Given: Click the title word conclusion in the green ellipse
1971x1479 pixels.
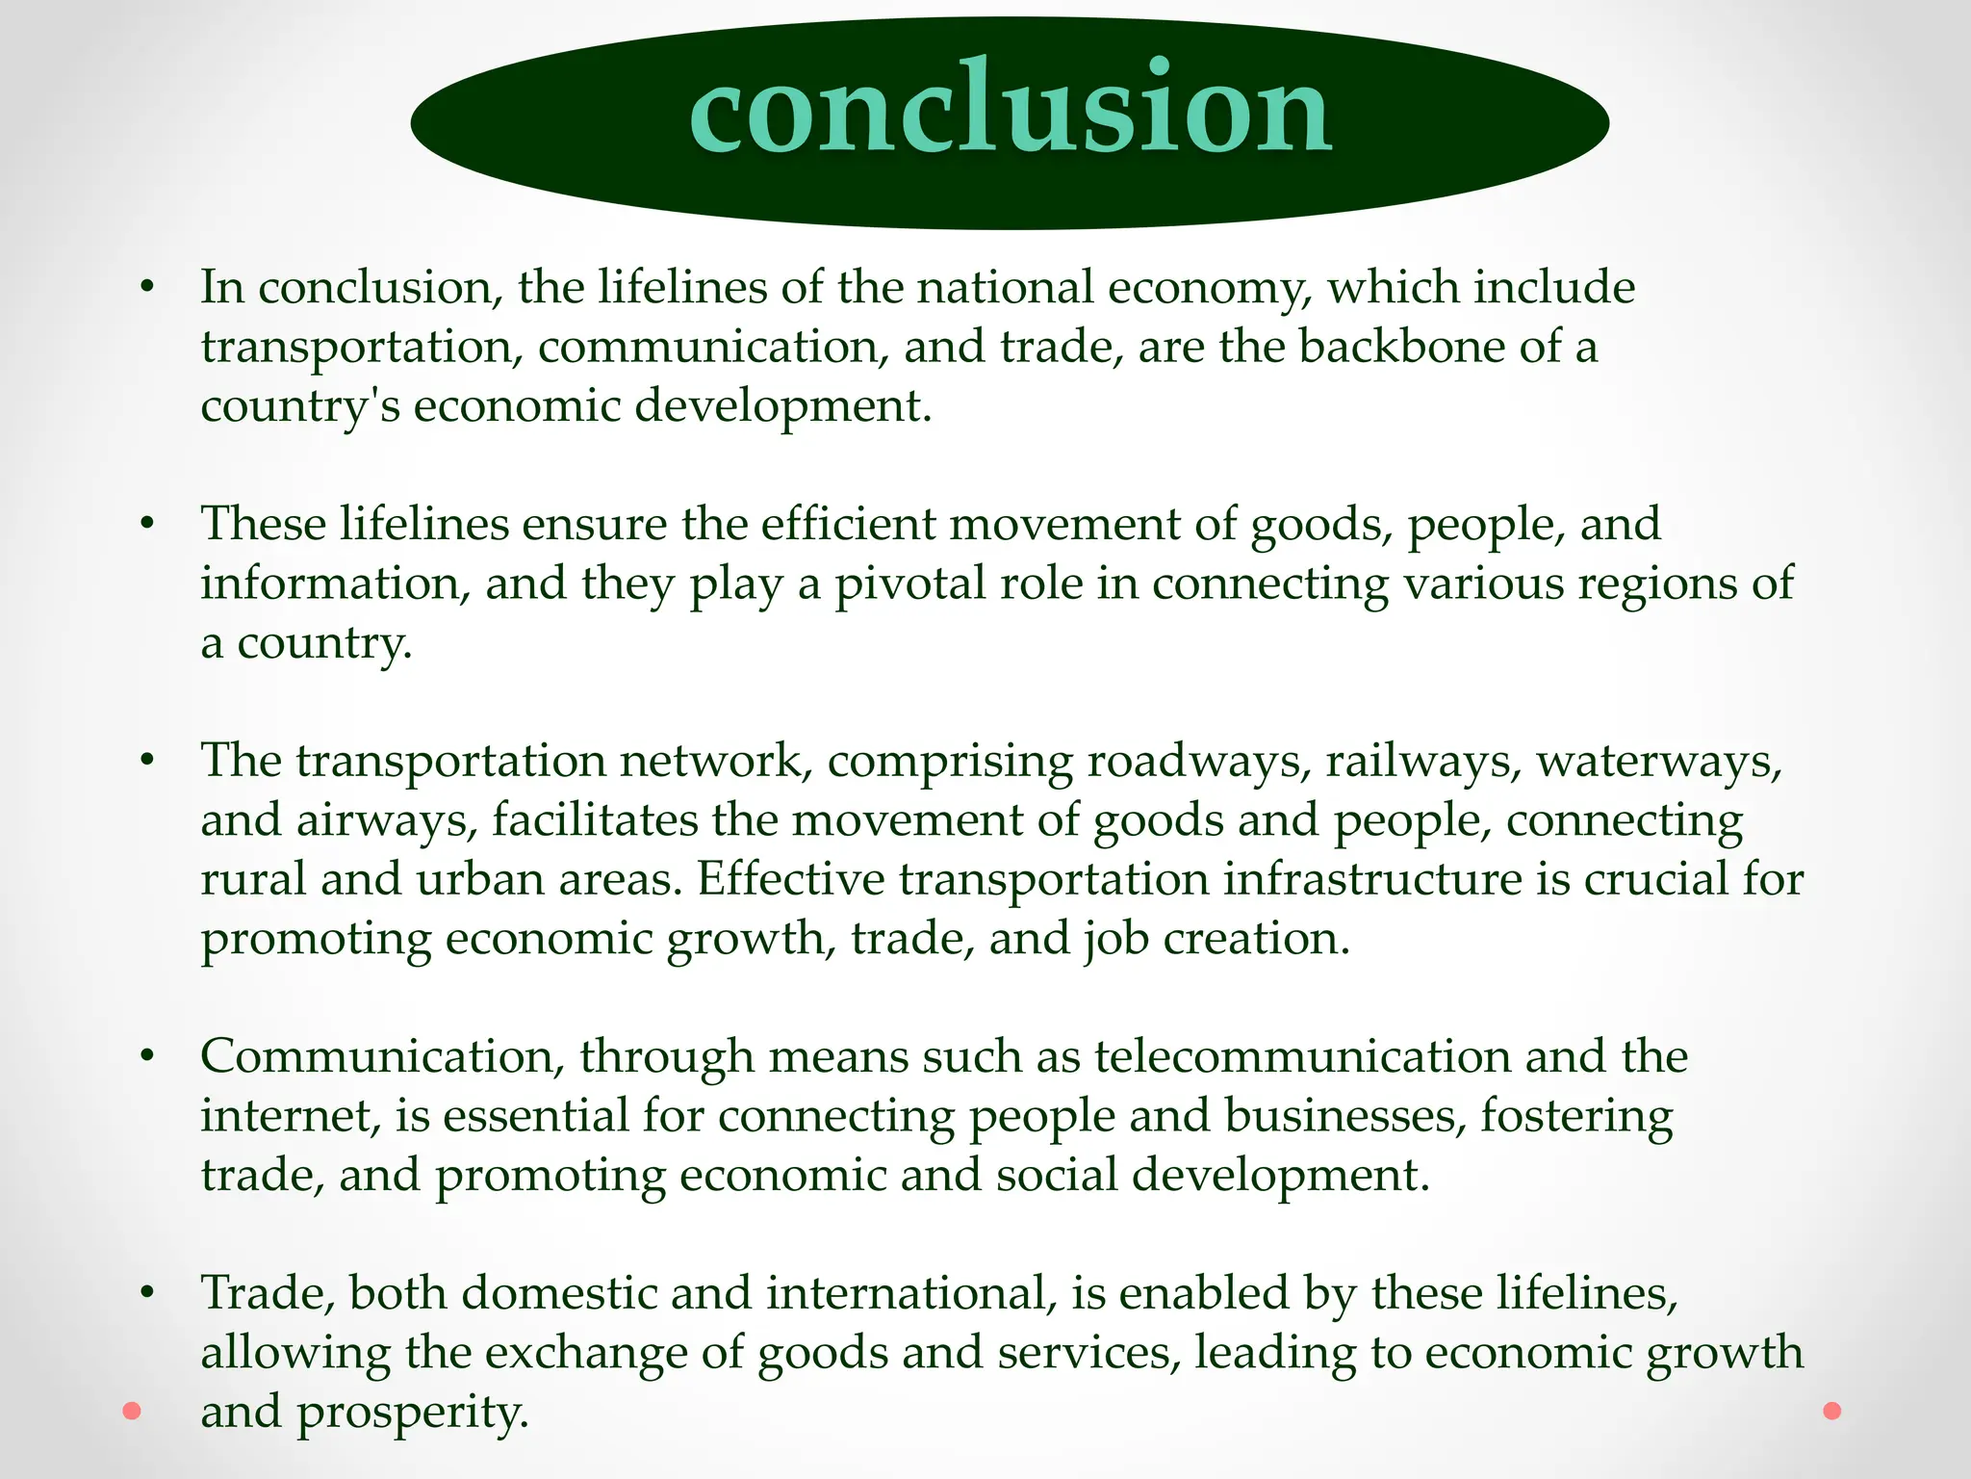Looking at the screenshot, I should (1011, 108).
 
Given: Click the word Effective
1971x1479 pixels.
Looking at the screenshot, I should (790, 879).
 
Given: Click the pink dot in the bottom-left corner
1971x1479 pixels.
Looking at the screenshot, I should (132, 1412).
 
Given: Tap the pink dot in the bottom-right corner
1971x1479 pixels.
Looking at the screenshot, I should (1832, 1412).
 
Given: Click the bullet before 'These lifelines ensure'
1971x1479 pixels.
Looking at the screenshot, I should (146, 525).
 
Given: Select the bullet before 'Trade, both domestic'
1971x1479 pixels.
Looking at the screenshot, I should (146, 1293).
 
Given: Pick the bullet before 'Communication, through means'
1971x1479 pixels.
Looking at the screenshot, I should (146, 1056).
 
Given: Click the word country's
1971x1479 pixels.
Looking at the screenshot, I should (299, 406).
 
